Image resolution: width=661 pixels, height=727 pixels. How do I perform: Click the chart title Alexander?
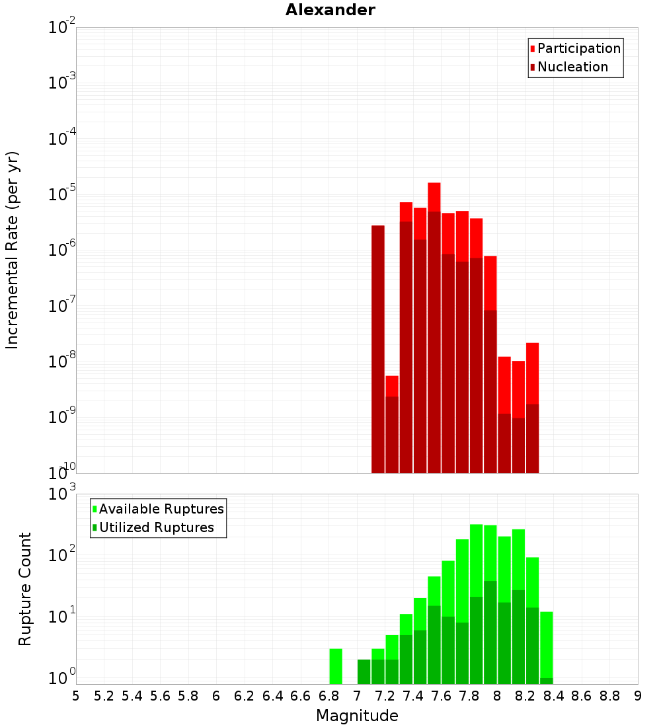pos(330,10)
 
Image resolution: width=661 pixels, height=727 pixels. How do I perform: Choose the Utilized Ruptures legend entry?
pos(155,527)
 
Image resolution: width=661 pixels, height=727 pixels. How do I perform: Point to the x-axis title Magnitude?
pos(357,716)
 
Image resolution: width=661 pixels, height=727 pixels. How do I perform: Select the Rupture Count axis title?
pos(25,589)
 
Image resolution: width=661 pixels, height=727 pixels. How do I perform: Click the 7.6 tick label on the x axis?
pos(441,695)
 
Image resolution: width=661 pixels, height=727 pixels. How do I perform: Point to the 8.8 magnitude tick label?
pos(609,695)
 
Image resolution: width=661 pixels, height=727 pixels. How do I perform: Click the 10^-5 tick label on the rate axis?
pos(61,194)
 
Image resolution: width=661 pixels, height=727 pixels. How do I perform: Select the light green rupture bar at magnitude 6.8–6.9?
pos(336,666)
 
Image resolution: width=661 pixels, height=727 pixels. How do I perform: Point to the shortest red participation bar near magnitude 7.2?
pos(392,386)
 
